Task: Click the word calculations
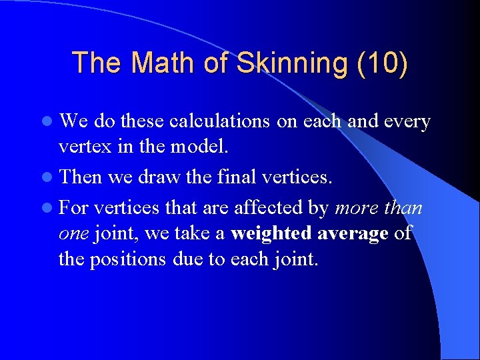pos(219,121)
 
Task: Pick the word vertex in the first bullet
pos(79,146)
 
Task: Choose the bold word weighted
pos(271,233)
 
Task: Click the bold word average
pos(353,233)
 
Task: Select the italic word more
pos(356,208)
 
